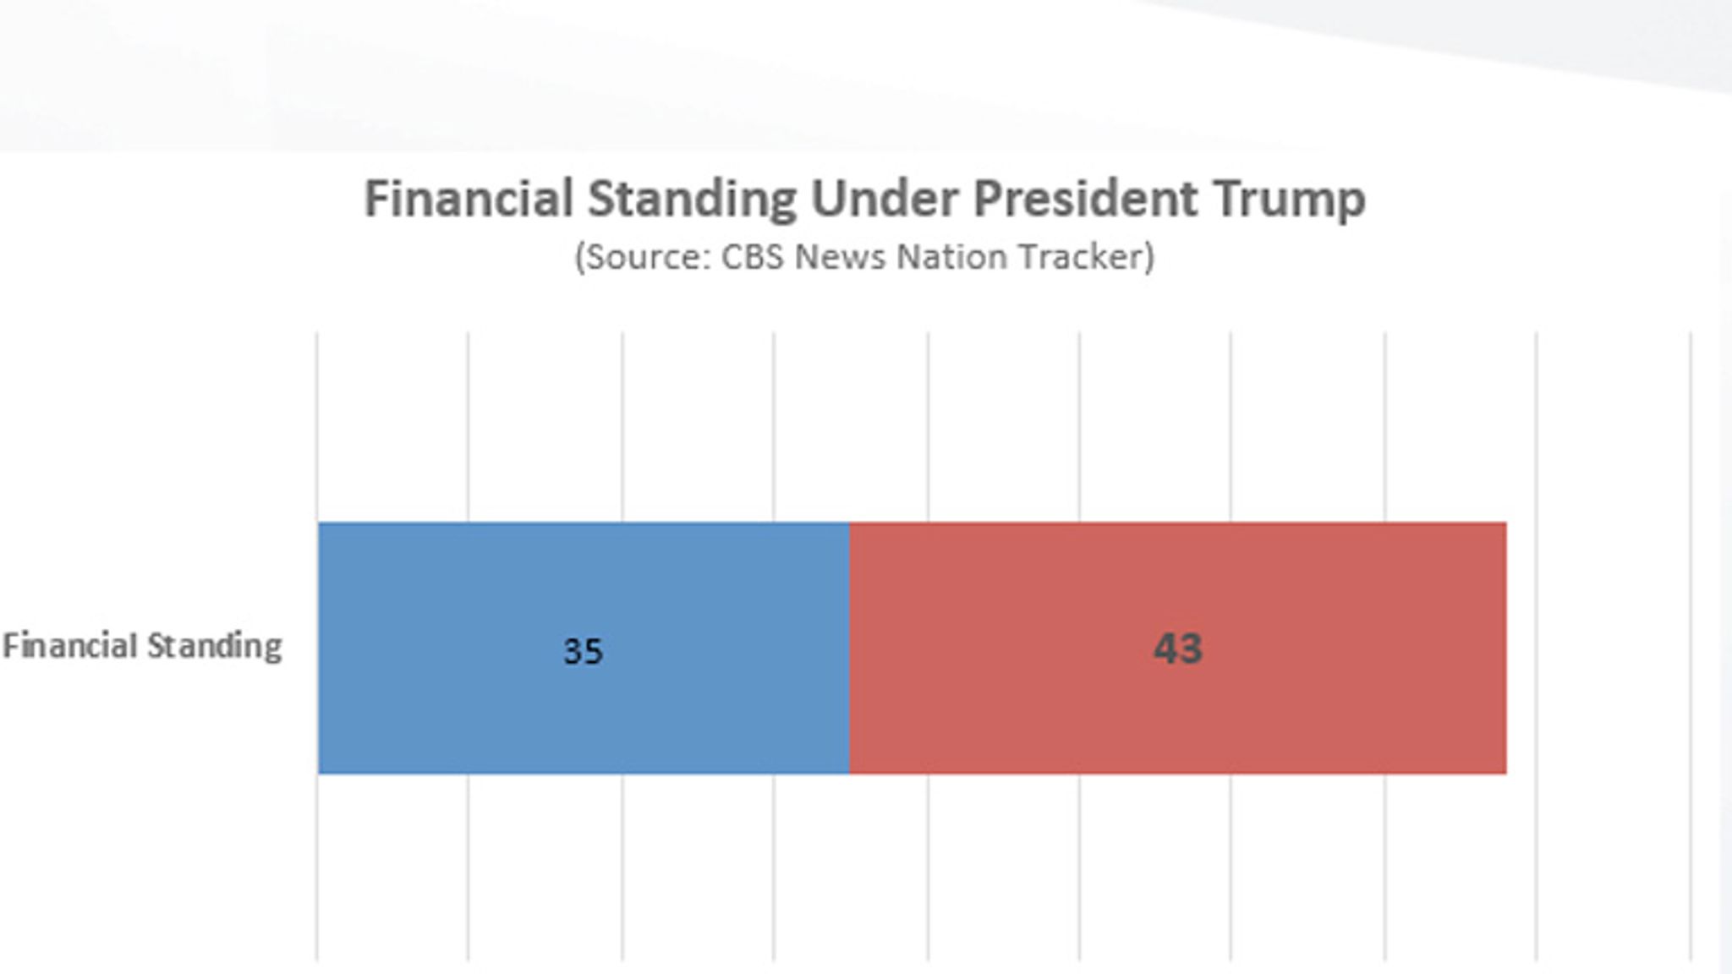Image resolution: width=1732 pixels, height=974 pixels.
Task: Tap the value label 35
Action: pos(584,651)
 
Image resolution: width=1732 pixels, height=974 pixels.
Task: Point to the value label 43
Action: pos(1177,648)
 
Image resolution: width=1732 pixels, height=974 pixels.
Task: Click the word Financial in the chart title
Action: pos(469,200)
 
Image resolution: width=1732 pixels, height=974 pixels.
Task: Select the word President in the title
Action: pos(1085,200)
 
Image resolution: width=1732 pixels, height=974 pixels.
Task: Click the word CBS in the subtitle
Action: pos(752,257)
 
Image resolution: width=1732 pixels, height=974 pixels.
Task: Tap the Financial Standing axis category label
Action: pos(142,647)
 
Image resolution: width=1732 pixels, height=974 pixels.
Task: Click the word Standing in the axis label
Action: pos(215,647)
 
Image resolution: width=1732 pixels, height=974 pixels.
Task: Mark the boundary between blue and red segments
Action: pos(849,648)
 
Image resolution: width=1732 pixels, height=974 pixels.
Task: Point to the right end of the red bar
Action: pos(1505,648)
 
